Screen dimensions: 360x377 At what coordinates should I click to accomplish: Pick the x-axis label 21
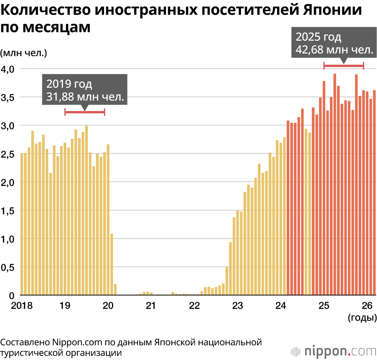[151, 305]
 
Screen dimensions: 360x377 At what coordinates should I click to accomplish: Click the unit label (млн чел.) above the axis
[23, 53]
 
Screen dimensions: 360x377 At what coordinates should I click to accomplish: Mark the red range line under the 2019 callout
[84, 112]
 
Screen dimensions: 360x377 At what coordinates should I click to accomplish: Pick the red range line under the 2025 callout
[343, 66]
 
